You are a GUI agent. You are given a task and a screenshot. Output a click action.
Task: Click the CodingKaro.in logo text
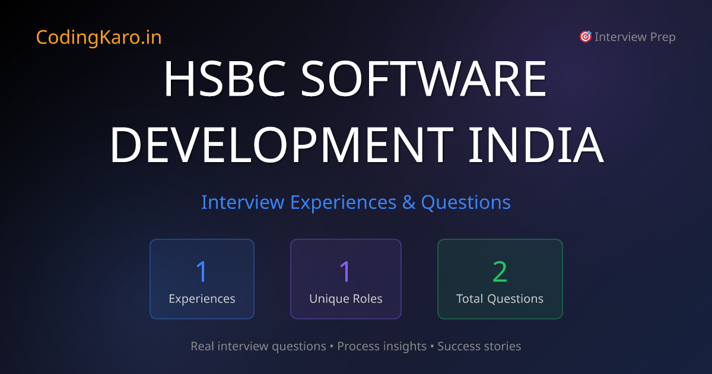coord(98,37)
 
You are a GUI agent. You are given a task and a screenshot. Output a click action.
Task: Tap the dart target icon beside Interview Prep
coord(585,37)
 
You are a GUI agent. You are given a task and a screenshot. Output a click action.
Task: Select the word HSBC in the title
coord(225,80)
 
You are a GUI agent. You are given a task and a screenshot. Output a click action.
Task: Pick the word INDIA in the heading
coord(536,145)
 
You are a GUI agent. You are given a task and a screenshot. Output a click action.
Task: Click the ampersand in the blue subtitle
coord(409,202)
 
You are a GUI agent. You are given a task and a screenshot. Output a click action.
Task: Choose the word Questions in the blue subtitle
coord(466,202)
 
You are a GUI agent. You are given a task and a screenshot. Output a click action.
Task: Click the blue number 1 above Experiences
coord(202,271)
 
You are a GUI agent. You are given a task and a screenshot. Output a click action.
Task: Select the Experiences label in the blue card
coord(202,299)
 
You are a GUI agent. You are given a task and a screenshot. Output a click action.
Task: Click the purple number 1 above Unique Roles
coord(345,271)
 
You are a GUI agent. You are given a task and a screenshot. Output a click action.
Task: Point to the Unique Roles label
coord(345,299)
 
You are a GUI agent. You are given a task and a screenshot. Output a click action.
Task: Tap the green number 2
coord(500,271)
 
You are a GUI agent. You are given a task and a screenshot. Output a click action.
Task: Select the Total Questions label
coord(500,299)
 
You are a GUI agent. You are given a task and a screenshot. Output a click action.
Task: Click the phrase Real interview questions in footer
coord(258,346)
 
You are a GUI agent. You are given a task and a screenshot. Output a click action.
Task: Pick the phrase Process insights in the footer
coord(382,346)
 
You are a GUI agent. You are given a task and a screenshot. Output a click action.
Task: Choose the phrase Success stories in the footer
coord(479,346)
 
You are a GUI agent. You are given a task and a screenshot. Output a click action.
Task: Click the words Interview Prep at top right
coord(635,37)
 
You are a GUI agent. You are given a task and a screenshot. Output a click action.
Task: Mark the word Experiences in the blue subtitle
coord(343,202)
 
